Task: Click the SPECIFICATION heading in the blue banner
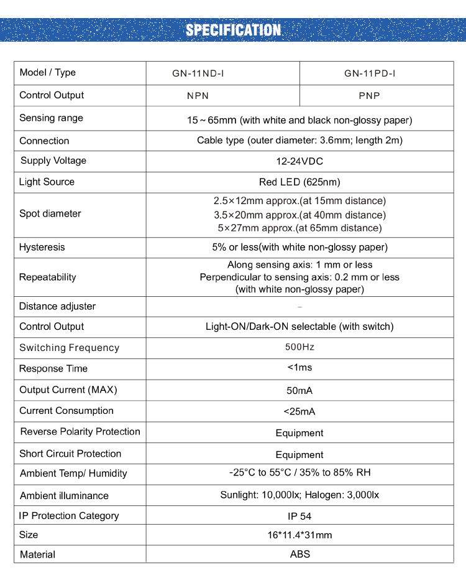233,30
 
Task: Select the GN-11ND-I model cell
198,73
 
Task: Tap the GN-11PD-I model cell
370,73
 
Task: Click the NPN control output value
198,96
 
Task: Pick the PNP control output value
369,96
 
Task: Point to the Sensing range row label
51,118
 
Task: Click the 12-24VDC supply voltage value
299,161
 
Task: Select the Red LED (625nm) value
299,182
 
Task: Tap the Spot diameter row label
50,213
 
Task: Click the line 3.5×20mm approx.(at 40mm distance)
299,215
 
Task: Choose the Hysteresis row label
42,247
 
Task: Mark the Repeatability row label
48,277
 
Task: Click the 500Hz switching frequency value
299,347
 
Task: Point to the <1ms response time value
299,368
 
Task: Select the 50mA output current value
299,390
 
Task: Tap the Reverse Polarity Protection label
80,432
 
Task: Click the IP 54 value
299,516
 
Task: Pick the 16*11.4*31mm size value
299,535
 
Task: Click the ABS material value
299,554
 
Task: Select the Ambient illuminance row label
64,496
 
